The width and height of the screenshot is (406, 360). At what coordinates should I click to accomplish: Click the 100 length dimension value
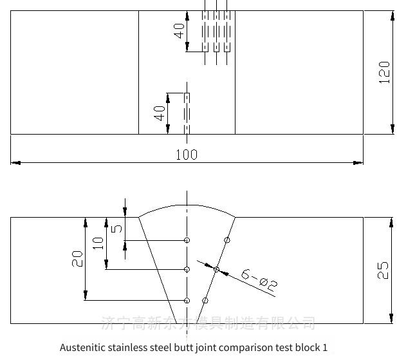pos(187,155)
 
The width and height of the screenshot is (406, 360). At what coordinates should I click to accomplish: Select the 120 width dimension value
pos(384,72)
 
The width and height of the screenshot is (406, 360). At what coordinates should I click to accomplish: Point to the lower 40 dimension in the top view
pos(159,114)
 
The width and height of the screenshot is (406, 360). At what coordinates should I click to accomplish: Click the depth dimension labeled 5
pos(116,228)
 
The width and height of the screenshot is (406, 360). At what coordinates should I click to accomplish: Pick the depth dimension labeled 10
pos(98,243)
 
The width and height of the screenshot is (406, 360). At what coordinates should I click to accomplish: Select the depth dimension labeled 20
pos(78,259)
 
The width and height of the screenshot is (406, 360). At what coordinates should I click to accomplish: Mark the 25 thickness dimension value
pos(383,269)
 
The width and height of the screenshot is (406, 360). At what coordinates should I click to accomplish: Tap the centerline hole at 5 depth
pos(187,240)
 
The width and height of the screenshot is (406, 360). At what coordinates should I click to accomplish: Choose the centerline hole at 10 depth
pos(187,269)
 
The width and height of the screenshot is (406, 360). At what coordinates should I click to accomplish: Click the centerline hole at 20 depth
pos(187,300)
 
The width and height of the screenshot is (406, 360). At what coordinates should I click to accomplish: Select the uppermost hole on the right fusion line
pos(226,240)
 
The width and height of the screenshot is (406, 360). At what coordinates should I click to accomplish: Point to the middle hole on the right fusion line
pos(216,269)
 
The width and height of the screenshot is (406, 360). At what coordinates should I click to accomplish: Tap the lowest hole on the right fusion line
pos(205,300)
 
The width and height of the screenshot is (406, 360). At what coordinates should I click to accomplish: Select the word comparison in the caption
pos(248,348)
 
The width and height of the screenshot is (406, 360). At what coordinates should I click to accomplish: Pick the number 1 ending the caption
pos(325,348)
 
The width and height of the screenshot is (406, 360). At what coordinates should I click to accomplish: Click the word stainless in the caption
pos(128,348)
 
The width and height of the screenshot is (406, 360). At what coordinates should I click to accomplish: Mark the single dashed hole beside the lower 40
pos(187,114)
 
